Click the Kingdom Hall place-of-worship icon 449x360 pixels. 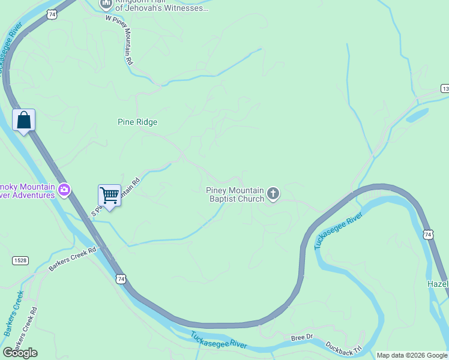[106, 4]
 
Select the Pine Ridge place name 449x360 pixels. [137, 122]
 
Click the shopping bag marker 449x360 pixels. [23, 120]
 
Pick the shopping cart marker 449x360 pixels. [109, 195]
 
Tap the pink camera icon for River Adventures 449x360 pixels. [64, 190]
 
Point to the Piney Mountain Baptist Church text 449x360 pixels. [235, 194]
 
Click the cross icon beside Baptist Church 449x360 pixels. [273, 193]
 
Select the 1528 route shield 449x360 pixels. [20, 260]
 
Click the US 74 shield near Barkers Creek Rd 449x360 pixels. [121, 279]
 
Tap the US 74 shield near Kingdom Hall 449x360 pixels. [53, 13]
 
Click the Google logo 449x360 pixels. [20, 353]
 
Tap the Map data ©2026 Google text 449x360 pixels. [412, 355]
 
